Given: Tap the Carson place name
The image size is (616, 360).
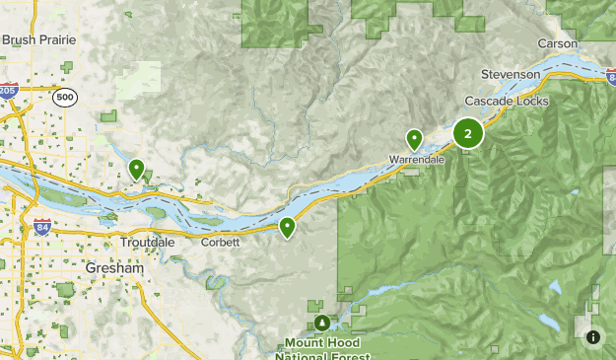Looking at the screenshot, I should coord(557,43).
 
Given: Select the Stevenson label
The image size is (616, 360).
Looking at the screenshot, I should coord(511,74).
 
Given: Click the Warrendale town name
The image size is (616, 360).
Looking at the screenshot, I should coord(417,159).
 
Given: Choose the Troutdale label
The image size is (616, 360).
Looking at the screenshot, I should coord(147,242).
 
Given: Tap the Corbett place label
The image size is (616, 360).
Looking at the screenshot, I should coord(220,242).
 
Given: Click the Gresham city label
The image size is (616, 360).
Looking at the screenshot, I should coord(113,268).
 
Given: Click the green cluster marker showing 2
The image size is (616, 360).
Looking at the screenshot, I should coord(467,133).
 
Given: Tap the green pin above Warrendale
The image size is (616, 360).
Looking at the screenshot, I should coord(415,139).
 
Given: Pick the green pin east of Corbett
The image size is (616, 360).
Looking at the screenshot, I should coord(287,227).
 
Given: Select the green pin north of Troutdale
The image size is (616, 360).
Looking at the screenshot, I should coord(137,169).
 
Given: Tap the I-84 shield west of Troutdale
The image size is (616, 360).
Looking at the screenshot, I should coord(41,227).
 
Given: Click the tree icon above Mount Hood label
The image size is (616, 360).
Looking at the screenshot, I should coord(323,323).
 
